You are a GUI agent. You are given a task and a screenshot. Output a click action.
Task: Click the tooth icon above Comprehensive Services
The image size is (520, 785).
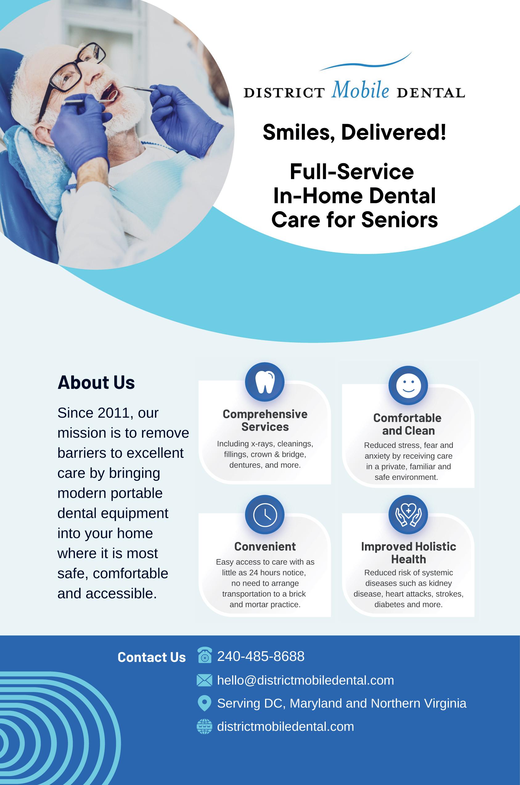[x=265, y=382]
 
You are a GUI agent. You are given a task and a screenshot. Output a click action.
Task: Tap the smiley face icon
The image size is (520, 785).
[x=408, y=385]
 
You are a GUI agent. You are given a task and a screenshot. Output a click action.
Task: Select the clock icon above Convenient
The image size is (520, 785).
[x=265, y=515]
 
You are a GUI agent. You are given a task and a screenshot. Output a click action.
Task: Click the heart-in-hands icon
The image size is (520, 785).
[x=408, y=515]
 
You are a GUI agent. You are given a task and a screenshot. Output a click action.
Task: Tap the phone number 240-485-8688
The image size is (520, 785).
[x=261, y=656]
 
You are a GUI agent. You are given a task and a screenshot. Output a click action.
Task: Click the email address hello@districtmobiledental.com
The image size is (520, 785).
[x=305, y=680]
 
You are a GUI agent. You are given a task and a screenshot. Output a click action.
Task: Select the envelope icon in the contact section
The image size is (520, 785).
[x=204, y=680]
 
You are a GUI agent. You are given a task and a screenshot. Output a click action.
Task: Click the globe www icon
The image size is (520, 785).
[x=204, y=727]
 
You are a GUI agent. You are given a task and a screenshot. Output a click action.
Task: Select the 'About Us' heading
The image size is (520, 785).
[x=96, y=383]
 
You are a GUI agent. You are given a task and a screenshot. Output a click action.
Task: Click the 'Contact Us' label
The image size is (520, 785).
[x=152, y=657]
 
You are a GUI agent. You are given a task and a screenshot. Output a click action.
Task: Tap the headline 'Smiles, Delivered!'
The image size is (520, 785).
[x=354, y=132]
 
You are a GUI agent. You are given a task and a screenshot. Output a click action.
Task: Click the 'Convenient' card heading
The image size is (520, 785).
[x=265, y=546]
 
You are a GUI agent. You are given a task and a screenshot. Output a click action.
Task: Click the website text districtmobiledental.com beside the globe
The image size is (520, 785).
[x=285, y=727]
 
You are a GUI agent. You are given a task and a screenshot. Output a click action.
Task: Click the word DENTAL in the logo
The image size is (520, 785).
[x=431, y=93]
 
